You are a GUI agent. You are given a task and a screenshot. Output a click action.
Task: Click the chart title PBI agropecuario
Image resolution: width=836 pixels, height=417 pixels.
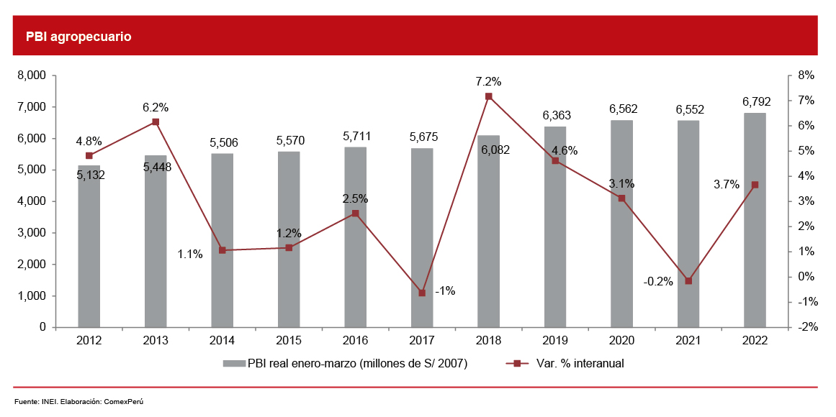click(x=78, y=36)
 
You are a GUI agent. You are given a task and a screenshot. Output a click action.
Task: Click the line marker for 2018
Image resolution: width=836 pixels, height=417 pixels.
click(x=488, y=96)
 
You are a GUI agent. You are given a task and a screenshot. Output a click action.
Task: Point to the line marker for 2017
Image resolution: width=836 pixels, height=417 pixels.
click(x=422, y=293)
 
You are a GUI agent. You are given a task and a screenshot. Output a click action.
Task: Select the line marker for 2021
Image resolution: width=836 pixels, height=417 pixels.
click(x=688, y=281)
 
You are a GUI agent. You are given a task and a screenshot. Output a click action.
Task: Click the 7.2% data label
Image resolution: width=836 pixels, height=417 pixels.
click(x=488, y=81)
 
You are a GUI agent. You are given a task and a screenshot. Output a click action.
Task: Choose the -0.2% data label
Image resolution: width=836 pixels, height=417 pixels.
click(x=658, y=282)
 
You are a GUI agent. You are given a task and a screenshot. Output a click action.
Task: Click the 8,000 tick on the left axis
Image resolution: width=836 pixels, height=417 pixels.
click(x=31, y=75)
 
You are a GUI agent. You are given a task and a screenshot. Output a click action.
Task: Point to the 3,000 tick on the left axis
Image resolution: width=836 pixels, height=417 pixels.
click(x=31, y=233)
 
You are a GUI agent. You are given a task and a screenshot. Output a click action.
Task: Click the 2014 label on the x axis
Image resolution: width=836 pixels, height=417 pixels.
click(x=222, y=342)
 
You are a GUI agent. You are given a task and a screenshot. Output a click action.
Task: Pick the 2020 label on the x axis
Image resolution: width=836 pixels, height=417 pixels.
click(x=621, y=342)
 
